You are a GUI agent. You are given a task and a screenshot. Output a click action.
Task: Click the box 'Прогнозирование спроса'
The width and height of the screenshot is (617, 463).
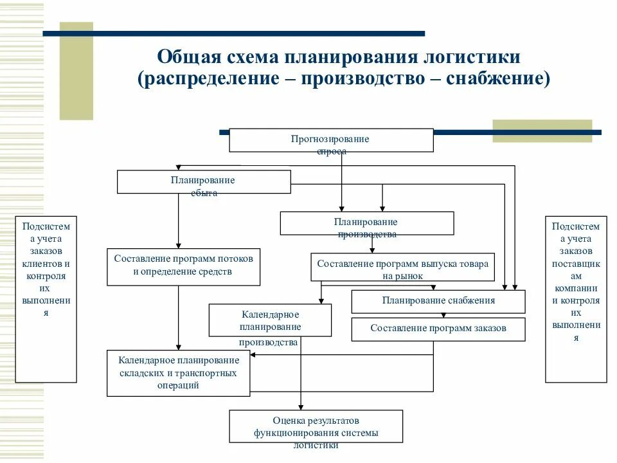click(x=331, y=140)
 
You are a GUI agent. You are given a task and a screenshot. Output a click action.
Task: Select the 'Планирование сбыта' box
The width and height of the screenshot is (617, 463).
click(x=203, y=181)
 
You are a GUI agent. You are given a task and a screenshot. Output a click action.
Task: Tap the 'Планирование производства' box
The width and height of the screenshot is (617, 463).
click(x=366, y=223)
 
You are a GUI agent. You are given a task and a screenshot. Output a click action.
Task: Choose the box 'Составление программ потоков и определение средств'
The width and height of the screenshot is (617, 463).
click(x=183, y=266)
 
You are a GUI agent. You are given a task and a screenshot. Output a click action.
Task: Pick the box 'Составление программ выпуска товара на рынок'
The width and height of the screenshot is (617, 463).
click(x=402, y=267)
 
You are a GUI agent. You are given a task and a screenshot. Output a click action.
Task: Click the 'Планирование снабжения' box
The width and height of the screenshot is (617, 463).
click(x=438, y=301)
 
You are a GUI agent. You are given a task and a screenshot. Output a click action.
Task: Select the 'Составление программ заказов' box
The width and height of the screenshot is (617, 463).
click(x=438, y=329)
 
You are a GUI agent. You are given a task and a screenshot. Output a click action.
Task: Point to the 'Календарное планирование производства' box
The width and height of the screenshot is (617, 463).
click(x=270, y=320)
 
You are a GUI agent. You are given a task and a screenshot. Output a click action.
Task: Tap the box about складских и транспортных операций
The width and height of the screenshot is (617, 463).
click(x=177, y=373)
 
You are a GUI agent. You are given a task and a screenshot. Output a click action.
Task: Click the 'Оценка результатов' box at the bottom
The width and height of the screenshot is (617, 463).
click(x=316, y=426)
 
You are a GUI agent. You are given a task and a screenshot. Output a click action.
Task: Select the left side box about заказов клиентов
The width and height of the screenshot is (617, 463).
click(x=46, y=299)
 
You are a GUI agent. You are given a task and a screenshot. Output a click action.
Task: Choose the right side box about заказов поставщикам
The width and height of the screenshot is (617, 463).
click(x=576, y=299)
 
